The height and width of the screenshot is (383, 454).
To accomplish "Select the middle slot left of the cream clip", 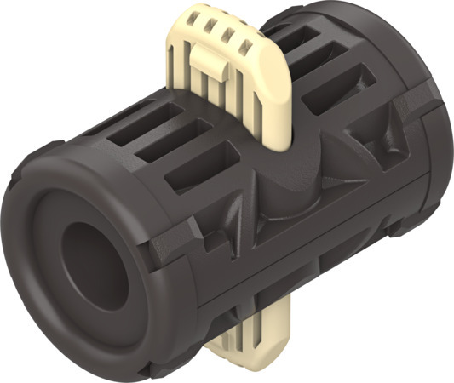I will click(x=170, y=143).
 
